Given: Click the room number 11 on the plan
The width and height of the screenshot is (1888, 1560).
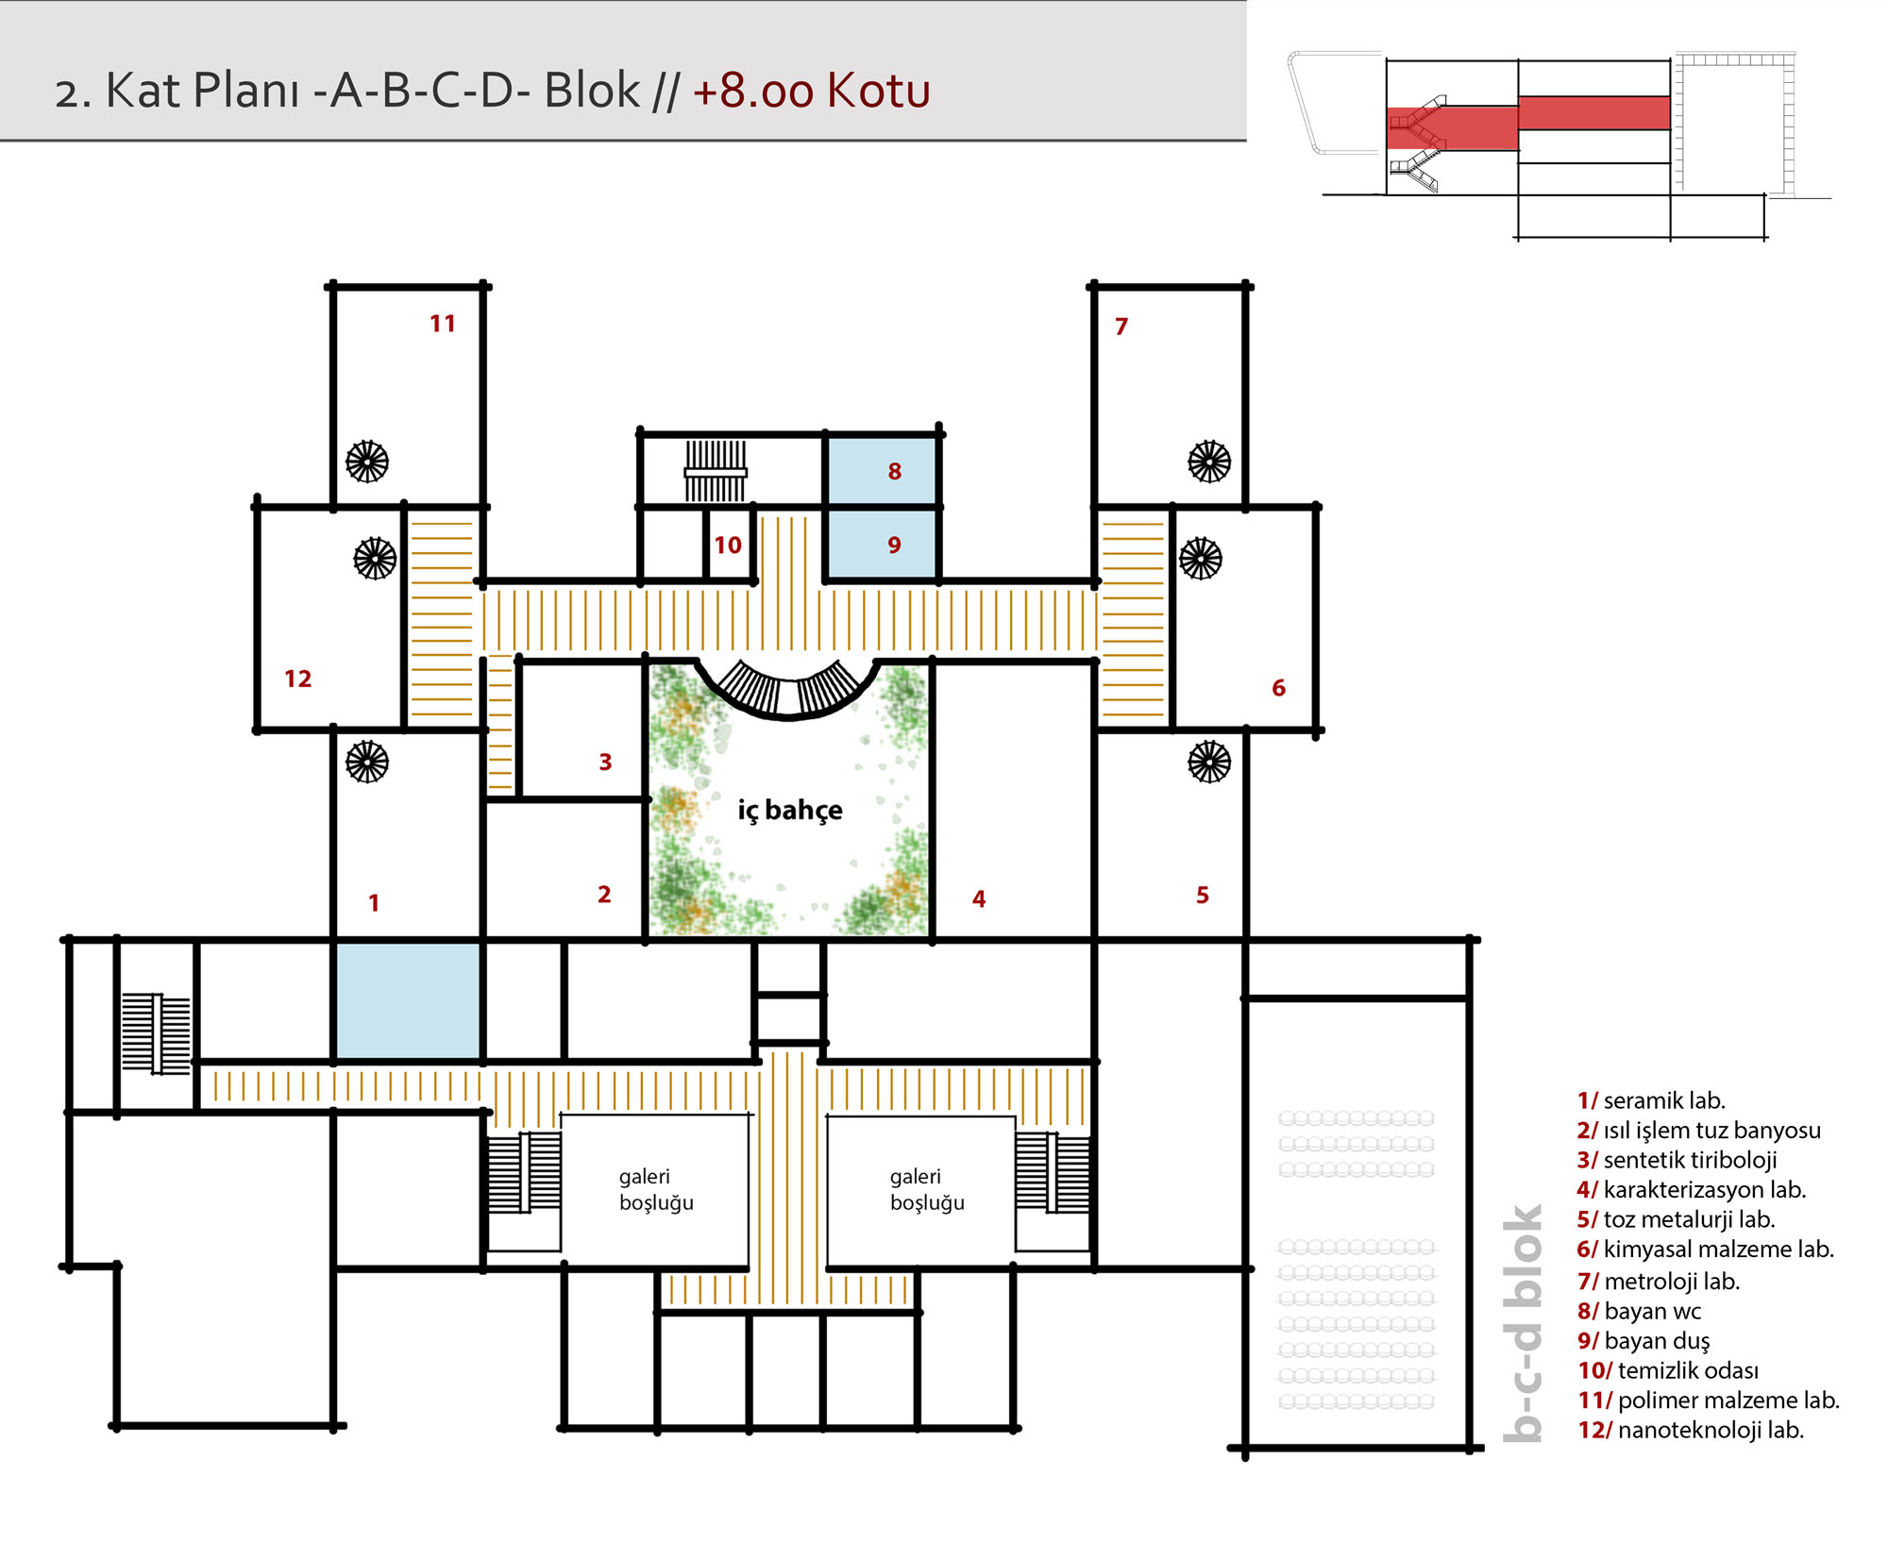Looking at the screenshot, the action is point(442,324).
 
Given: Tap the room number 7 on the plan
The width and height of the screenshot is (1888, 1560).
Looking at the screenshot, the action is point(1121,327).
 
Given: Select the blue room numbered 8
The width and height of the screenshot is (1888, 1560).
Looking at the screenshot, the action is point(882,470).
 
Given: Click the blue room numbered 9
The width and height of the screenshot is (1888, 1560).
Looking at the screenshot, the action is point(882,544).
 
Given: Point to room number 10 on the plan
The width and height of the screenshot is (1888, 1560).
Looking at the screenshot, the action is point(727,545).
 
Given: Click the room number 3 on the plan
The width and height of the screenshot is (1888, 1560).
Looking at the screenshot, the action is point(605,762).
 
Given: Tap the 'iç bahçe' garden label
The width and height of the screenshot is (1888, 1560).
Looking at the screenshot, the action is point(790,810).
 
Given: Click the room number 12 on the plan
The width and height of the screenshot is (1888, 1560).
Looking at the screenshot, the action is point(297,679).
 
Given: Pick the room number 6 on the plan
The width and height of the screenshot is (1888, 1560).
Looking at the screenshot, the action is point(1278,688).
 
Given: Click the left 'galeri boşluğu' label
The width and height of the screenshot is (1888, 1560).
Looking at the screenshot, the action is point(656,1189).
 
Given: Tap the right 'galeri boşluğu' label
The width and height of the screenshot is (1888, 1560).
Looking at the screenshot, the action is point(927,1189).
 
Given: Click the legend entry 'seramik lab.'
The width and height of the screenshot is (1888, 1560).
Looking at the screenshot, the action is point(1651,1100).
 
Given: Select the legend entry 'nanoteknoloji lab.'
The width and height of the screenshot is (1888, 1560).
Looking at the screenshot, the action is point(1691,1430).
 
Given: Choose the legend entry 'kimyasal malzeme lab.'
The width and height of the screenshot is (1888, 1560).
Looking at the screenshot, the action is point(1706,1250).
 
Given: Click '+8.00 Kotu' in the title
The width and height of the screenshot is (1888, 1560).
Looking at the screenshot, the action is point(812,91).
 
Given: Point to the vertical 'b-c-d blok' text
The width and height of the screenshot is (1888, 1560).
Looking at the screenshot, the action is point(1523,1323).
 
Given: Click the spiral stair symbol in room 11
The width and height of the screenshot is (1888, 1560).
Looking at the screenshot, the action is point(367,461).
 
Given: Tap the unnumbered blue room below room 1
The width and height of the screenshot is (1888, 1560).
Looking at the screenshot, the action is point(408,1000).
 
